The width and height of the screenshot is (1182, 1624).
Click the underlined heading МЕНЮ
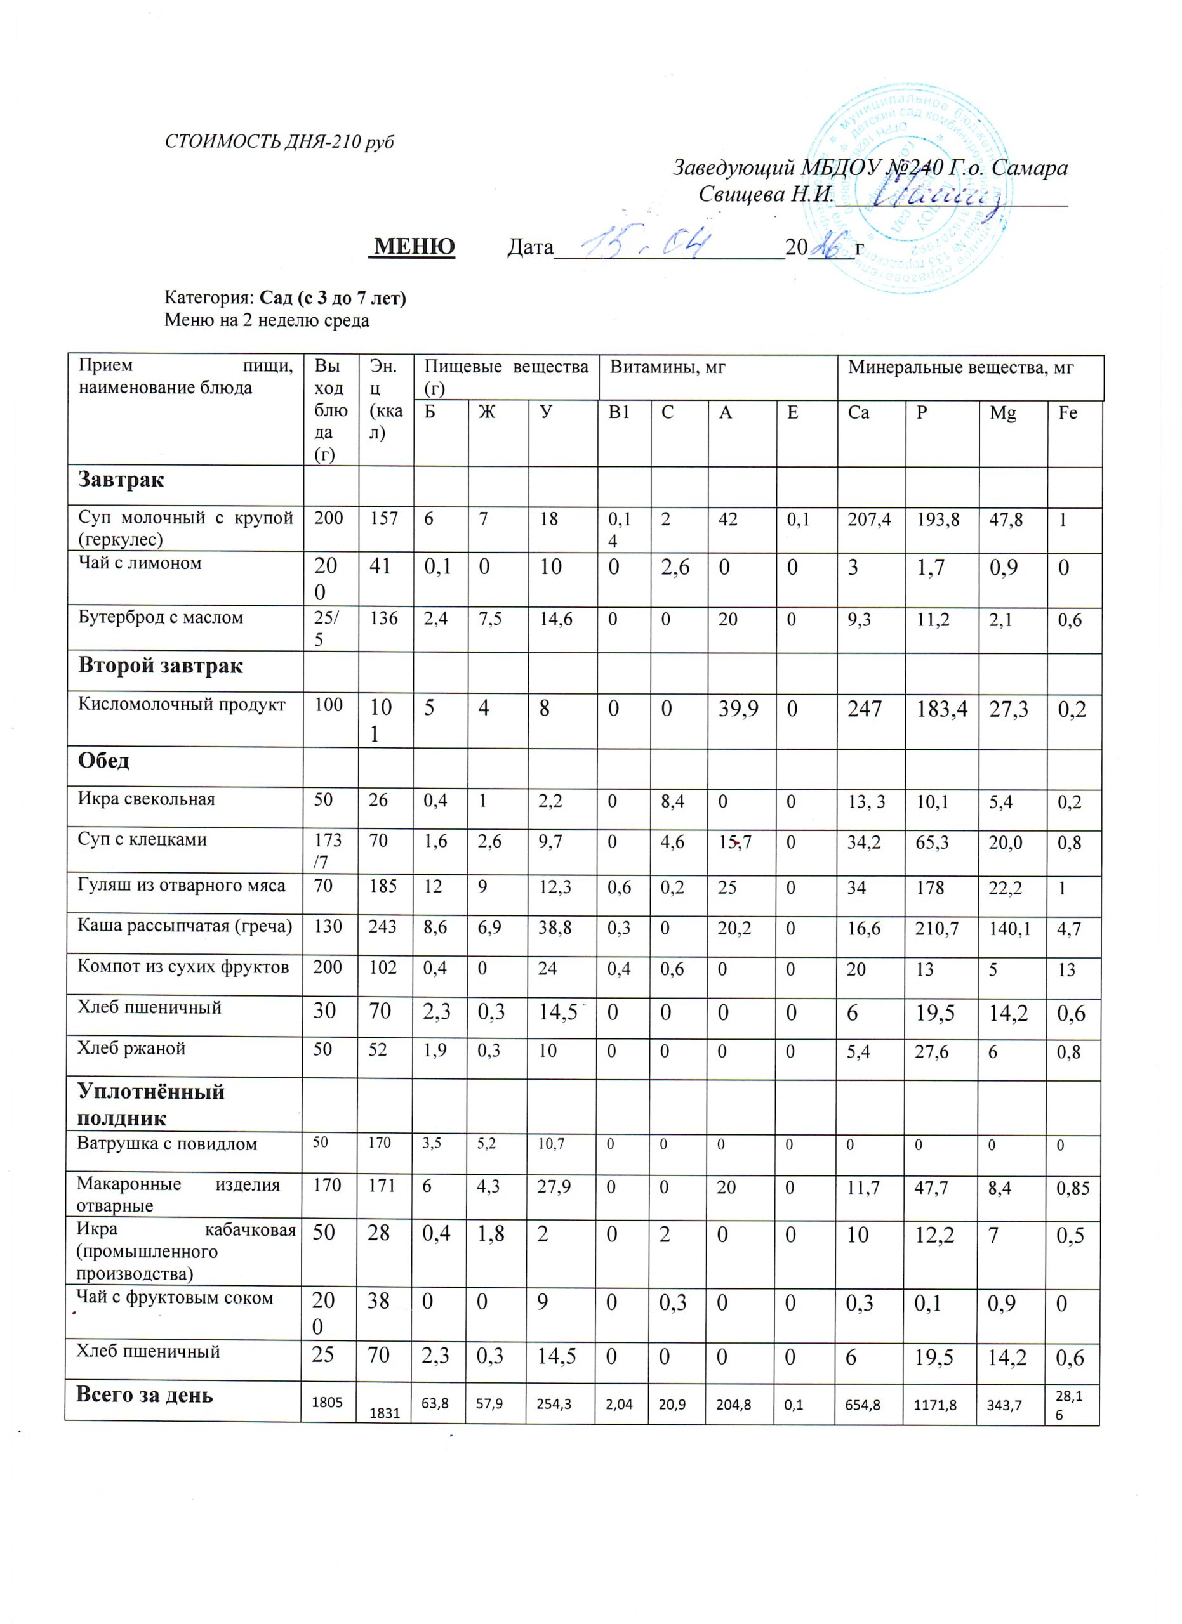[414, 246]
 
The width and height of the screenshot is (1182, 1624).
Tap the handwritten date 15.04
[645, 245]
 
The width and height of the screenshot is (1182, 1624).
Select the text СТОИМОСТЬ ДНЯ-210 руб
[279, 141]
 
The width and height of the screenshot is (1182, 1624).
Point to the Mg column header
[1002, 413]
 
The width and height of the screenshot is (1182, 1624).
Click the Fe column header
[1067, 413]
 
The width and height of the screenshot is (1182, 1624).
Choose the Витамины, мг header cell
[668, 368]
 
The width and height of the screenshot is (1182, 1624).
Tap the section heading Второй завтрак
[161, 665]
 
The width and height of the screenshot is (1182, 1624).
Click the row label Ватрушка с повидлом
[166, 1144]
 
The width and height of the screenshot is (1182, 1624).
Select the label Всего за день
[145, 1394]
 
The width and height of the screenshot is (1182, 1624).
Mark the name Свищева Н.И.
[766, 194]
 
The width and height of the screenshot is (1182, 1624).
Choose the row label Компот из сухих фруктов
[183, 967]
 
